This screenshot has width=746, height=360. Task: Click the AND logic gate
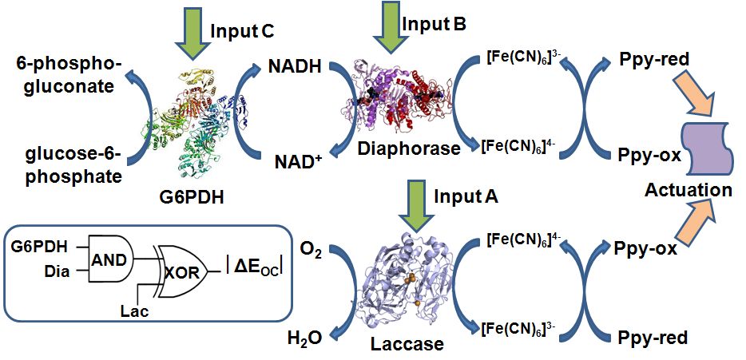click(x=109, y=256)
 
